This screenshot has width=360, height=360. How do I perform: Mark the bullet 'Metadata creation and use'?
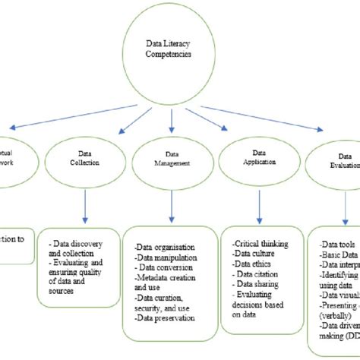pos(166,283)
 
